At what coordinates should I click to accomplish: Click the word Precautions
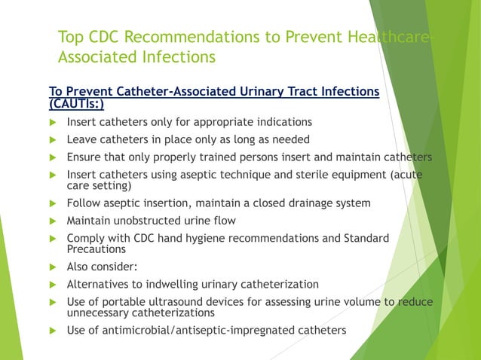point(97,249)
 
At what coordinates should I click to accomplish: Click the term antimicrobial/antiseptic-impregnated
point(185,330)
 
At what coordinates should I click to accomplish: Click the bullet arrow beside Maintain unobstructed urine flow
point(53,221)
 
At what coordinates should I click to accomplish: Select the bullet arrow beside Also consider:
point(53,267)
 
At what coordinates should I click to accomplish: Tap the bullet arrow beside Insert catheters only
point(53,122)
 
